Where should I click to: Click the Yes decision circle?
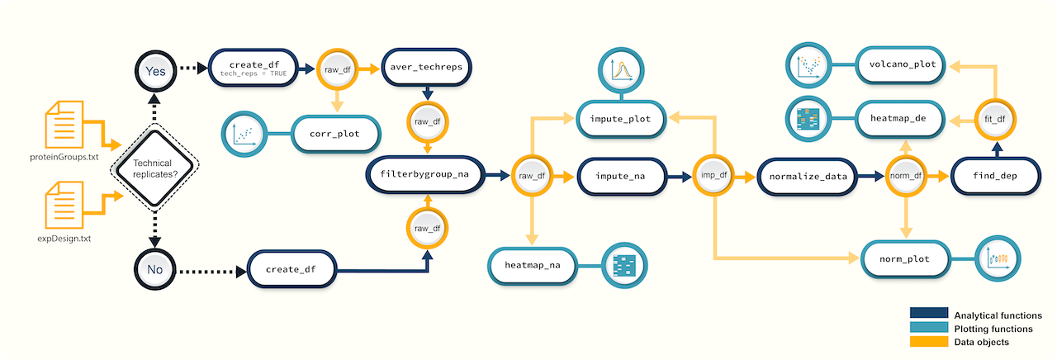[155, 70]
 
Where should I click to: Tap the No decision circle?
[155, 269]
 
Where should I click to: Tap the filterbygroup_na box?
[424, 175]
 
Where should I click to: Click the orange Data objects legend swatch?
[928, 341]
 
